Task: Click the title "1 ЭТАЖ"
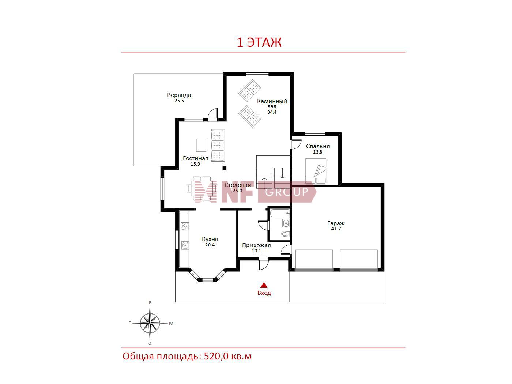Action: [259, 42]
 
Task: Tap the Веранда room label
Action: [179, 95]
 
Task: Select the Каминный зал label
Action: [272, 104]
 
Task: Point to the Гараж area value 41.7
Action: [336, 229]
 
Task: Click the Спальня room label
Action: [318, 146]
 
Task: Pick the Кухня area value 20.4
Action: [210, 245]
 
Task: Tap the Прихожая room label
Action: [256, 245]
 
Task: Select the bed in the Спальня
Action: [316, 171]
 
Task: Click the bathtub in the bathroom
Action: [279, 213]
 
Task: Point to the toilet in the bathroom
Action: [285, 233]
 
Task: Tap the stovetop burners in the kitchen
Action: [185, 226]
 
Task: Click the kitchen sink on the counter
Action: [185, 245]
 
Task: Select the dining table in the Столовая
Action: [202, 188]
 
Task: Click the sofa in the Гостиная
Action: [218, 145]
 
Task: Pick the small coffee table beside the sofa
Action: [201, 145]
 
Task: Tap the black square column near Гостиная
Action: [225, 168]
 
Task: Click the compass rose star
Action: [150, 323]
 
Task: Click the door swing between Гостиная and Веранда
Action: [212, 114]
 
